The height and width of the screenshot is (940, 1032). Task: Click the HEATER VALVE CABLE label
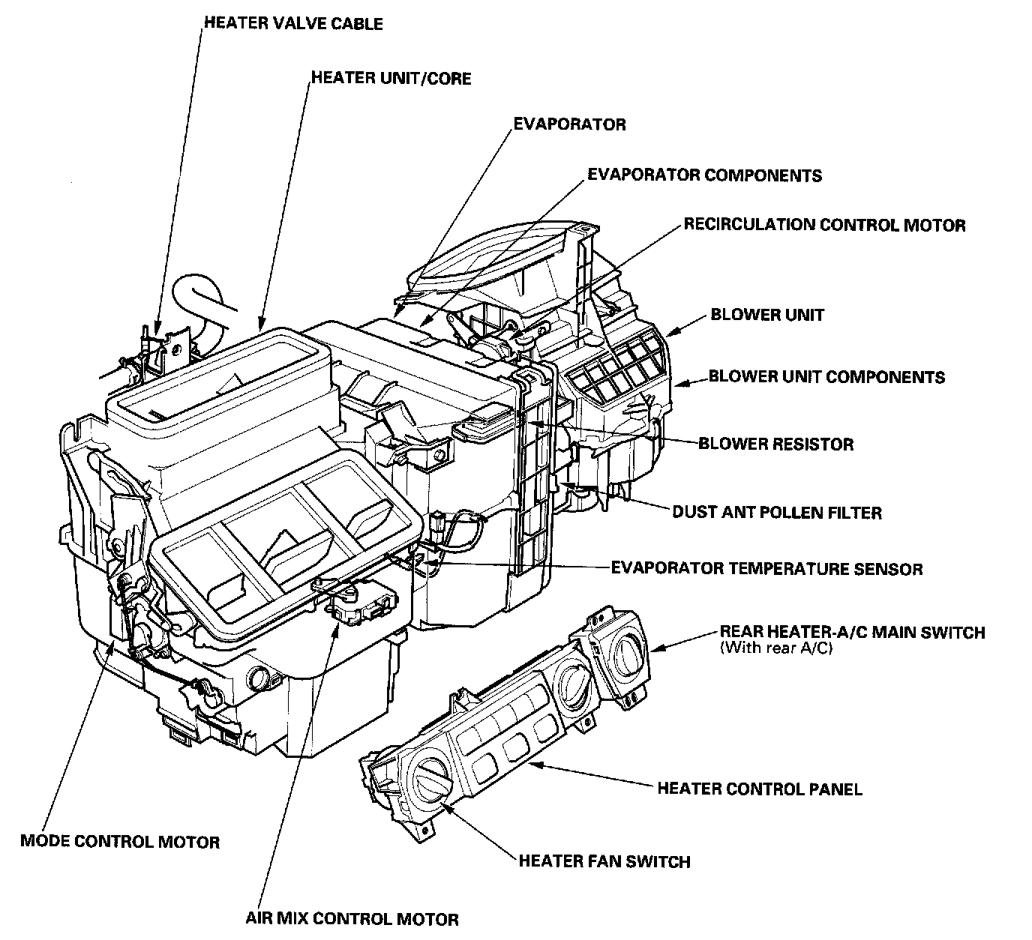(x=293, y=23)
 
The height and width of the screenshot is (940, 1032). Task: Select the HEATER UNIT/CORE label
(x=391, y=78)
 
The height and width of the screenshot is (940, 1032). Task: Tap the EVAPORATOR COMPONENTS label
(x=704, y=175)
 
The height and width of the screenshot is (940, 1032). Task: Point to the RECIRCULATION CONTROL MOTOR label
(x=823, y=225)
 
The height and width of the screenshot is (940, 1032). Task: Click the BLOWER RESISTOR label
(x=775, y=444)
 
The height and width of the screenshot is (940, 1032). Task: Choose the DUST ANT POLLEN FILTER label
(x=776, y=513)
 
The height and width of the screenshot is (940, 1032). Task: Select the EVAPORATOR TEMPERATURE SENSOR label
(x=766, y=569)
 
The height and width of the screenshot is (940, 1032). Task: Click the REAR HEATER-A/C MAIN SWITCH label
(x=852, y=632)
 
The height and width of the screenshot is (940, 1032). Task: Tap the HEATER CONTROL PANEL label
(x=759, y=789)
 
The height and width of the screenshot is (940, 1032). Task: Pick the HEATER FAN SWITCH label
(x=604, y=861)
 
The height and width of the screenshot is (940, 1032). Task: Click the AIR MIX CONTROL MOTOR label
(x=352, y=918)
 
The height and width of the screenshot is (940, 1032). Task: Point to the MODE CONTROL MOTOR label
(x=120, y=842)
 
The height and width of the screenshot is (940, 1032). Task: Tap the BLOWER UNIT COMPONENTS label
(x=826, y=376)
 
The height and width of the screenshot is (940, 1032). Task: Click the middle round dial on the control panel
(x=574, y=685)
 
